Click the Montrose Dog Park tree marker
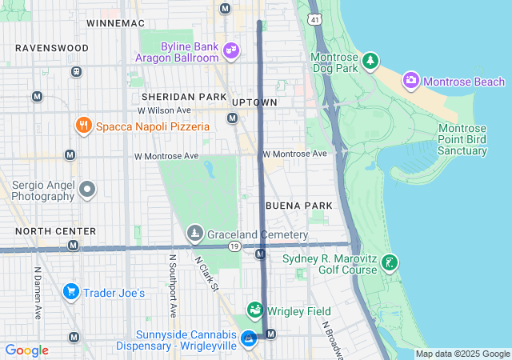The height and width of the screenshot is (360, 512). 370,61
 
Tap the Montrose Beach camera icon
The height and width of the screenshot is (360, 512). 410,80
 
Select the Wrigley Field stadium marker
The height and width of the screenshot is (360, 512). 255,310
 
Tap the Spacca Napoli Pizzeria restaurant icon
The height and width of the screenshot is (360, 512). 82,126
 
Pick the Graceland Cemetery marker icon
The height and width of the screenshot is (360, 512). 194,234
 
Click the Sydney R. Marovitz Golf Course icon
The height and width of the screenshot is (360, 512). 389,263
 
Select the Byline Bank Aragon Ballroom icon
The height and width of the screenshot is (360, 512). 231,50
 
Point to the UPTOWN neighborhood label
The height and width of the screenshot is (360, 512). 254,102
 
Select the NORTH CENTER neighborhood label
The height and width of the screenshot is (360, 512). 55,231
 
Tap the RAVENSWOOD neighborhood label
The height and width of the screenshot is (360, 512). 52,48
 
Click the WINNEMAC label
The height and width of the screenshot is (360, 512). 114,22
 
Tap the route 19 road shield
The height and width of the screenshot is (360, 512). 234,247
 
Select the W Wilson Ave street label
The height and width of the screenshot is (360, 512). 164,110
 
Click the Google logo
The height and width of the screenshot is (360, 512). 27,350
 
